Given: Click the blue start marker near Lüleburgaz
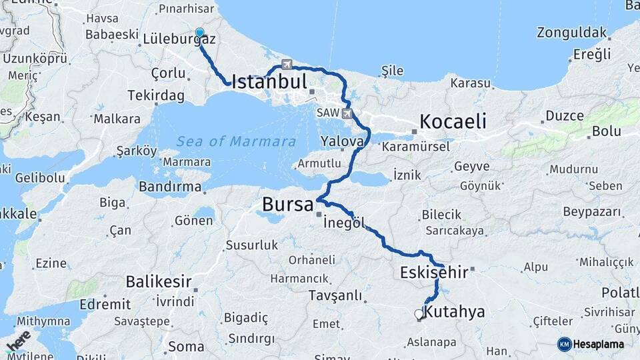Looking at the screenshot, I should (x=199, y=33).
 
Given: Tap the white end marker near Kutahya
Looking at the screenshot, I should (x=419, y=313).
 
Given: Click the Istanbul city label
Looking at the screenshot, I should (x=269, y=83).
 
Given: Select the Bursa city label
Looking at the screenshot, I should (x=288, y=204).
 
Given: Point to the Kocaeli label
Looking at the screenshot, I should (x=453, y=122).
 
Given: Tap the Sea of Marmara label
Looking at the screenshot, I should (x=236, y=141).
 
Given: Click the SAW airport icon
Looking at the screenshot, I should (x=347, y=113).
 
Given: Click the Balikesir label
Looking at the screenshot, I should (x=159, y=281).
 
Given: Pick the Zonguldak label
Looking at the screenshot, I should (x=572, y=33).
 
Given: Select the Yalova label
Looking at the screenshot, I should (x=342, y=141).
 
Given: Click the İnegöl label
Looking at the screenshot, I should (x=344, y=224).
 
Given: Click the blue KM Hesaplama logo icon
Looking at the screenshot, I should (x=565, y=344).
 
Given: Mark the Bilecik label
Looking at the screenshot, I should (x=441, y=215).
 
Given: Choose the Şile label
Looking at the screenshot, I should (x=393, y=71).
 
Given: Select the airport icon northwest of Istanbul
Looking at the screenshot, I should (x=287, y=65).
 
